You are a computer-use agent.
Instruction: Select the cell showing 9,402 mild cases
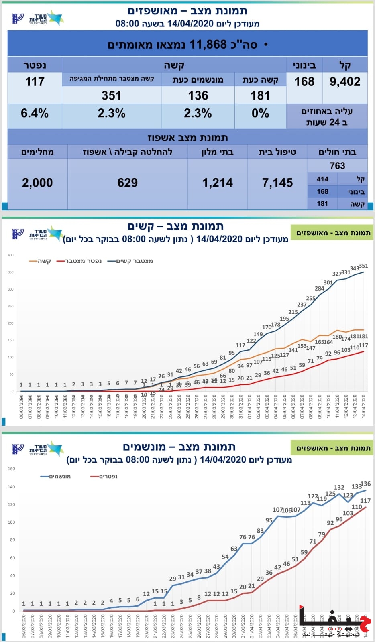344,82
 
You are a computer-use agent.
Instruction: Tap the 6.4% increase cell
35,114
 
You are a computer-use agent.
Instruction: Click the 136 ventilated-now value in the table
198,95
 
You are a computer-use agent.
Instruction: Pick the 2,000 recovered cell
37,183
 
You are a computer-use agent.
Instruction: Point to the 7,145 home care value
277,183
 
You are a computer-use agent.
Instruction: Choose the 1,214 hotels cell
217,183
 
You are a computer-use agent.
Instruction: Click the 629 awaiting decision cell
127,183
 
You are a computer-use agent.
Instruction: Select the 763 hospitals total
337,166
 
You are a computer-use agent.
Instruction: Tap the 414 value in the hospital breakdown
322,179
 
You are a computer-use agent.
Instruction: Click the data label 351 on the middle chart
363,266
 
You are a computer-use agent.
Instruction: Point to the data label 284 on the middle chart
319,288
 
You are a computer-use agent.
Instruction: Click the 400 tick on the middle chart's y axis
10,255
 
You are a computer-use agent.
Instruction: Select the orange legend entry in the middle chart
40,261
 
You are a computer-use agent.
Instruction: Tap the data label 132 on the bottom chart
339,487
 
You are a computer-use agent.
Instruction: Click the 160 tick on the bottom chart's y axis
11,469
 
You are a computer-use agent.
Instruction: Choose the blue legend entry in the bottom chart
56,477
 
